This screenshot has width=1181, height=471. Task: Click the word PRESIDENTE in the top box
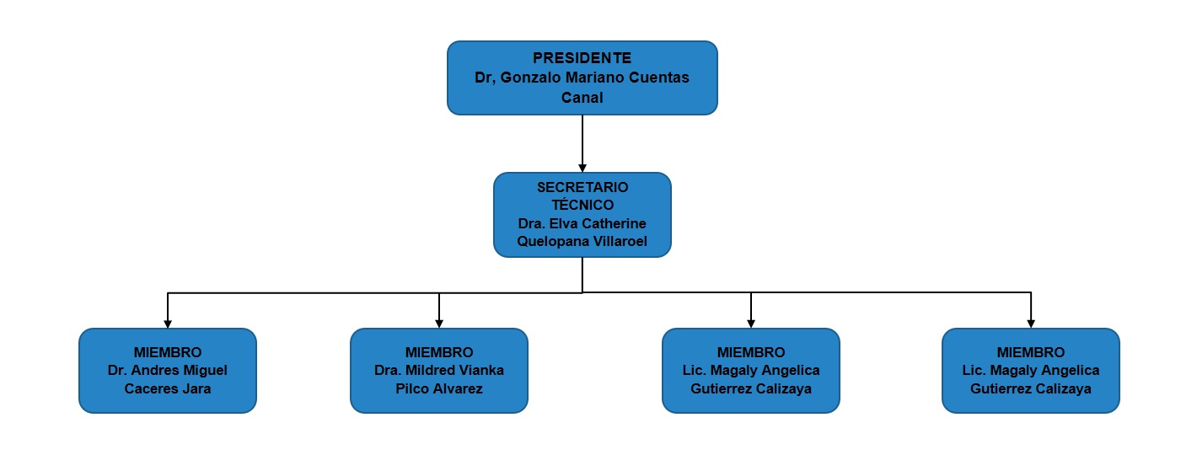[x=582, y=58]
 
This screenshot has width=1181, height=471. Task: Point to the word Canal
[x=582, y=98]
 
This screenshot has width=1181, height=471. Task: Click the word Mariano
[x=595, y=78]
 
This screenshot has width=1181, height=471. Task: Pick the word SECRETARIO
[x=582, y=187]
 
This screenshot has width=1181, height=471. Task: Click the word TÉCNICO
[x=582, y=205]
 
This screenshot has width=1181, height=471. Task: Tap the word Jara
[x=196, y=388]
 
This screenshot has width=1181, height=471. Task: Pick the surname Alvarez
[x=457, y=388]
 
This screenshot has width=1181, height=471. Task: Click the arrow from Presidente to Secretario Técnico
[x=582, y=143]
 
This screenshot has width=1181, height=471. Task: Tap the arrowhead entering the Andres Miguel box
[x=168, y=324]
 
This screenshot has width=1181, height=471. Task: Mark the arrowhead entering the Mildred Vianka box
[x=439, y=324]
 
